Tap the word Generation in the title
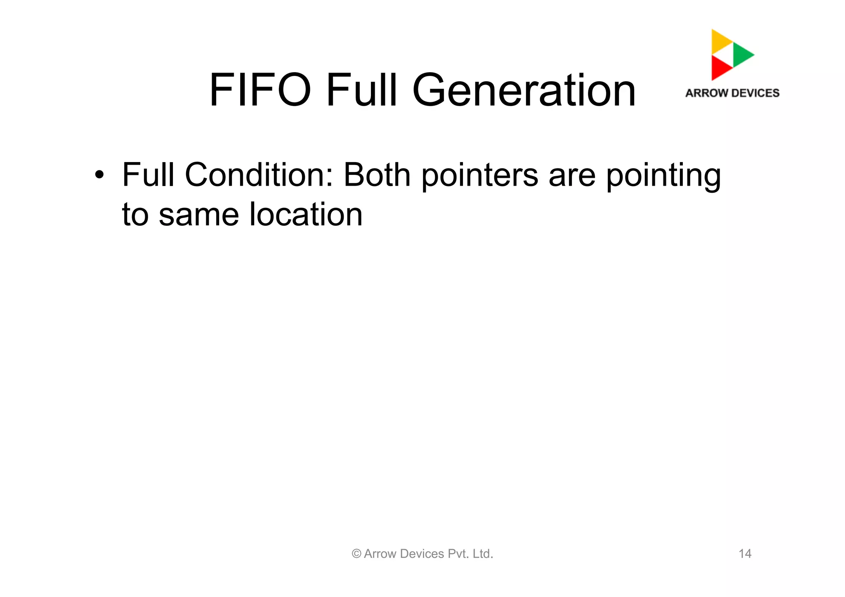[x=524, y=91]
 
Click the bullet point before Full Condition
[x=99, y=175]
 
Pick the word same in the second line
[x=198, y=215]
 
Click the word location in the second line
[x=306, y=214]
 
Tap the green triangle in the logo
[x=742, y=54]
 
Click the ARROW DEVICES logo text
[x=732, y=93]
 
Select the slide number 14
[x=745, y=554]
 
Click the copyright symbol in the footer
[x=356, y=554]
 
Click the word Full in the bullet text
[x=148, y=175]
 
